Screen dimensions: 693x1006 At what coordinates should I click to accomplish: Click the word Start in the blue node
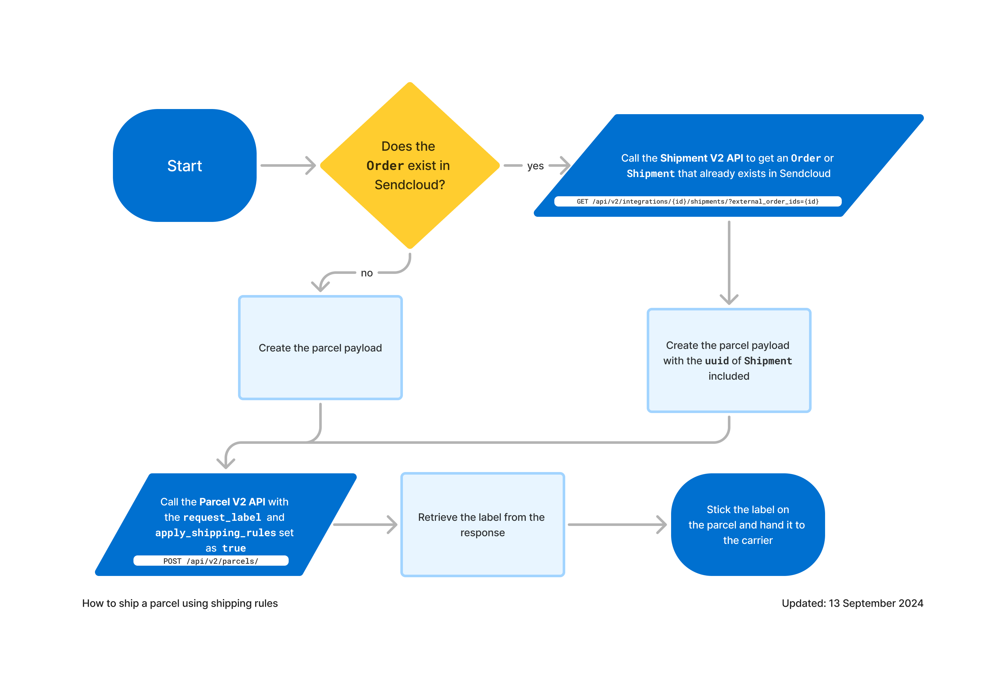(184, 166)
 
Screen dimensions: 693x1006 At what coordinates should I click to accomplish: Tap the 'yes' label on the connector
(535, 166)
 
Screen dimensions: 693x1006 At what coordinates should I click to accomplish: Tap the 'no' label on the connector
(367, 273)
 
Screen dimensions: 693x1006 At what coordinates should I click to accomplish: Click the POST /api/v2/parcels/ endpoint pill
(211, 561)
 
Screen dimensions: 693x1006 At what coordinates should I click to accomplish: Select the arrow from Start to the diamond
(288, 165)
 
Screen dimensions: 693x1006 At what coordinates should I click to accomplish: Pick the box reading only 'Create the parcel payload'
(320, 348)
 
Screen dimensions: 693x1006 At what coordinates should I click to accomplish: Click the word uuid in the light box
(717, 361)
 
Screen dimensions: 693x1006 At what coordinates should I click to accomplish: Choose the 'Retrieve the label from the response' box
(482, 525)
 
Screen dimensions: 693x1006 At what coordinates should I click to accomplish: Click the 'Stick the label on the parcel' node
(747, 525)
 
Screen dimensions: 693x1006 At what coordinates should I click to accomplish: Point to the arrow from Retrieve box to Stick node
(617, 525)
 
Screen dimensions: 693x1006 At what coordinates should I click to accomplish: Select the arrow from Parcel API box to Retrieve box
(365, 525)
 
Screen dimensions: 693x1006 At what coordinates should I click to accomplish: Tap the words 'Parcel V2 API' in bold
(232, 502)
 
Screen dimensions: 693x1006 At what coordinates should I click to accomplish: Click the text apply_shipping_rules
(216, 533)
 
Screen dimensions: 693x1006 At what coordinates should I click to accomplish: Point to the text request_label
(222, 518)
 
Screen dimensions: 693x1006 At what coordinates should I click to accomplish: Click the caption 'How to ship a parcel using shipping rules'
(180, 604)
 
